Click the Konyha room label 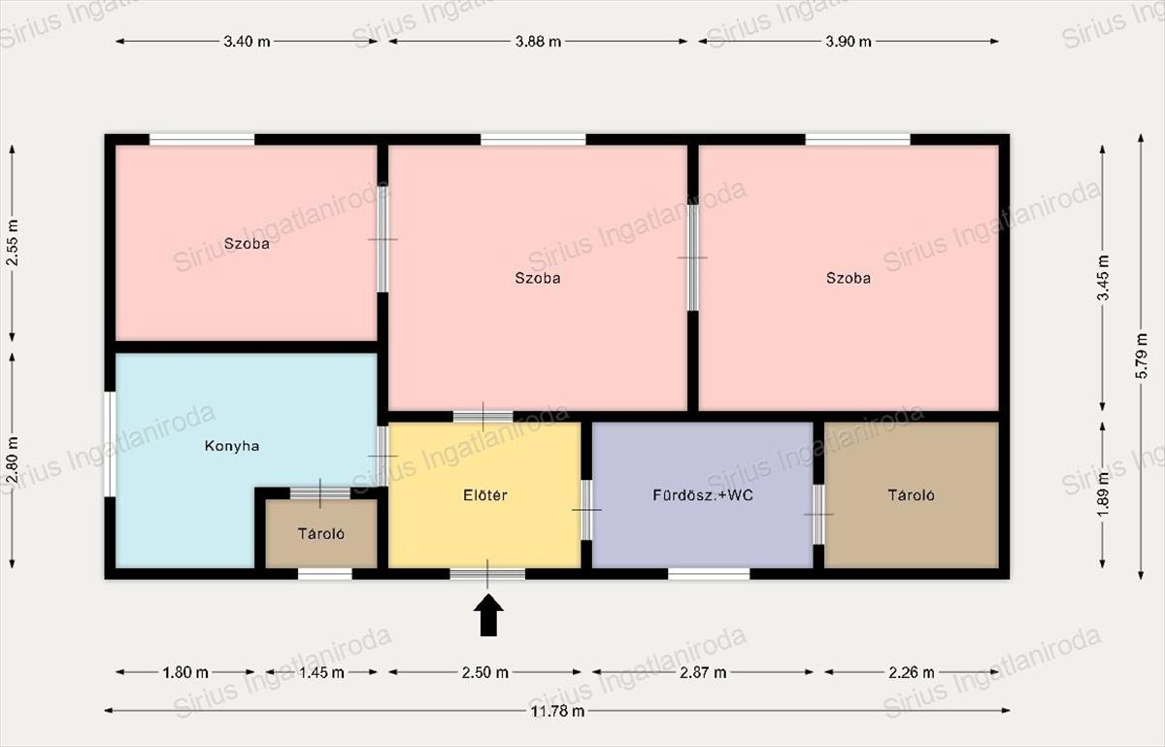tap(232, 446)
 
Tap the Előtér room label tap(484, 494)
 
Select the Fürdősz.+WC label tap(703, 494)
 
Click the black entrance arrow tap(488, 615)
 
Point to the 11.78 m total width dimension tap(557, 711)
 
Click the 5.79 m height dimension tap(1142, 357)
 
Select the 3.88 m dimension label tap(538, 42)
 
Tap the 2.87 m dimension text tap(703, 673)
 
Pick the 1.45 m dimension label tap(321, 673)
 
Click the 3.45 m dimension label tap(1104, 278)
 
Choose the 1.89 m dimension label tap(1104, 494)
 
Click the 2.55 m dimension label tap(13, 243)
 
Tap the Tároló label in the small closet tap(321, 533)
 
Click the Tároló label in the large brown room tap(912, 495)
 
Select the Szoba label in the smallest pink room tap(247, 244)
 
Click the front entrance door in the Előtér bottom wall tap(487, 574)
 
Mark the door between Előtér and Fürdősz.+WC tap(586, 510)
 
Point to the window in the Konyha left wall tap(110, 444)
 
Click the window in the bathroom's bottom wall tap(709, 574)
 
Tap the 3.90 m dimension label tap(849, 42)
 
